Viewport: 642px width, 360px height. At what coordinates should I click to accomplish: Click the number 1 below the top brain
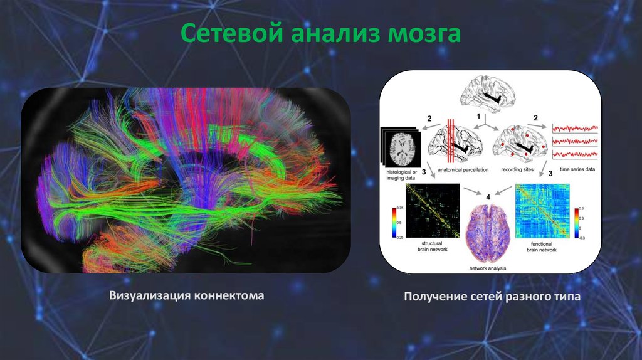(478, 117)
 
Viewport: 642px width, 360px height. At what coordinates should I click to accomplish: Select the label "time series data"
(574, 169)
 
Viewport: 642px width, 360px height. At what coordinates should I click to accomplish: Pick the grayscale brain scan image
(399, 147)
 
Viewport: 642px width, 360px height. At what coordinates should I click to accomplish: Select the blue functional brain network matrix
(542, 210)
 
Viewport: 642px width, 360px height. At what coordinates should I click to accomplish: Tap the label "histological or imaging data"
(399, 174)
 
